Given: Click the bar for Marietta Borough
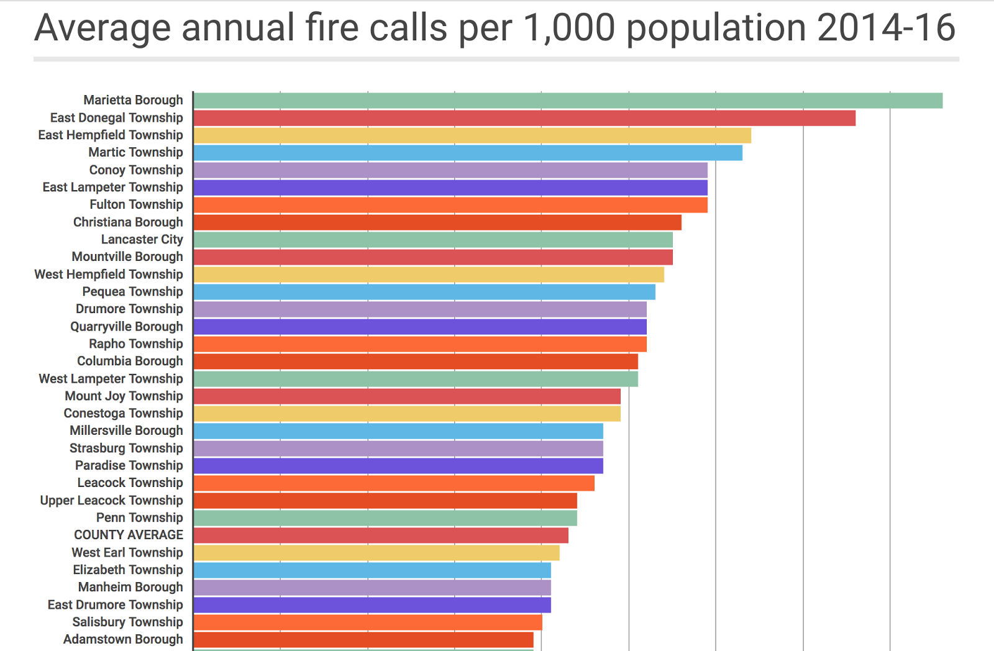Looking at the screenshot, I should click(568, 101).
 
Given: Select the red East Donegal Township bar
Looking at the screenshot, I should click(524, 118).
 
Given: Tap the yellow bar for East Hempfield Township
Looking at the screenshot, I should click(472, 135).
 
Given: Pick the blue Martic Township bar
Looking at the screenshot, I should click(468, 153).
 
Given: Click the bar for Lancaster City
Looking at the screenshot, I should click(433, 240).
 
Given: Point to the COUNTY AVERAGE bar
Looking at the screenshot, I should click(381, 535).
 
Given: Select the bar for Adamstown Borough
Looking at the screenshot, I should click(363, 640).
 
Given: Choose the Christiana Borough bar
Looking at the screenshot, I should click(437, 222).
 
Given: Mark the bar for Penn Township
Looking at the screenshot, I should click(385, 518).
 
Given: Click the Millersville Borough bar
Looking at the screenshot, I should click(398, 431).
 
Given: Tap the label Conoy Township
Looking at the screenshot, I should click(136, 170).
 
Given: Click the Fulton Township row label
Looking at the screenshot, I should click(136, 204).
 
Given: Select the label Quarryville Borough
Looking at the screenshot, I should click(127, 327).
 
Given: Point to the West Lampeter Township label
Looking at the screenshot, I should click(111, 379).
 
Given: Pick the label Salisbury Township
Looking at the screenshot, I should click(127, 622).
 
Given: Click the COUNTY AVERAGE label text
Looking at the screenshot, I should click(129, 535).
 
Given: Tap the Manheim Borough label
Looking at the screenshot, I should click(130, 587).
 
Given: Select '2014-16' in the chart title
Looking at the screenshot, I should click(886, 28).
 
